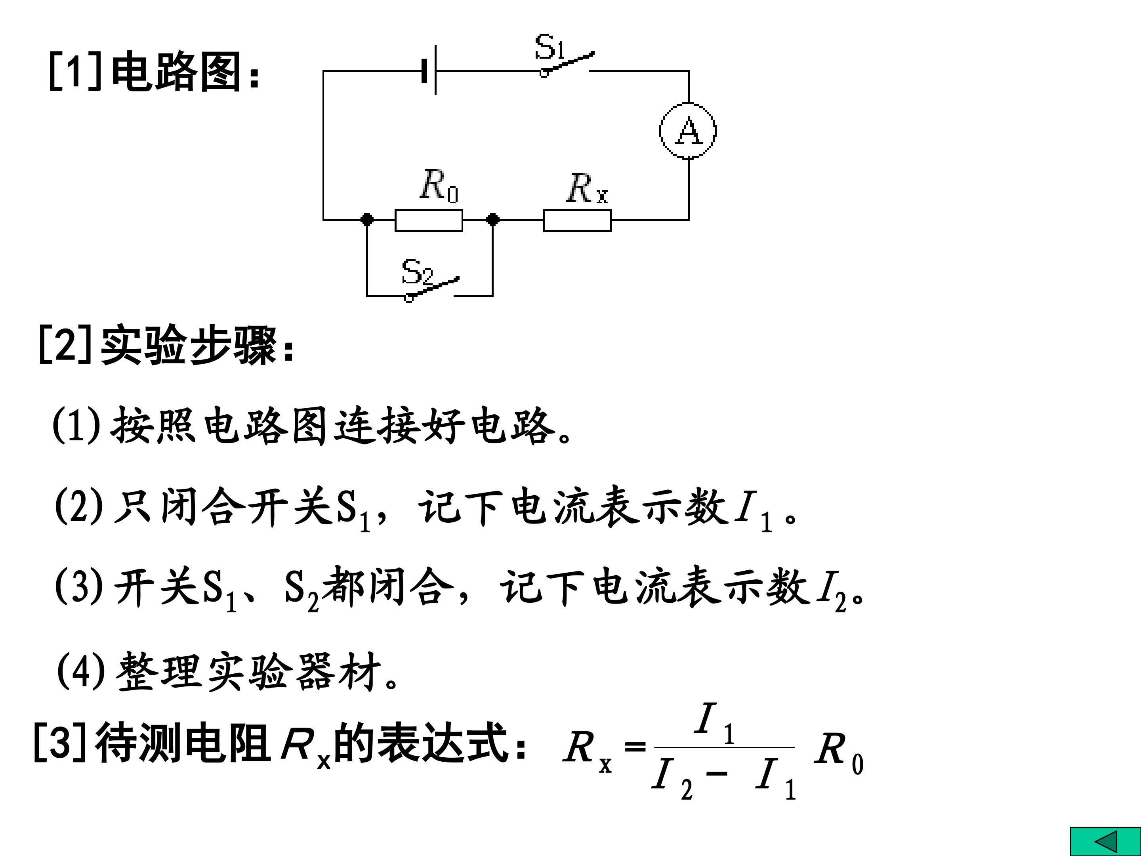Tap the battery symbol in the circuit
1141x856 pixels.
(429, 70)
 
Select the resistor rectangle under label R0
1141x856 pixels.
(429, 220)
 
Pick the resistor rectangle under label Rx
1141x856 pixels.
(577, 220)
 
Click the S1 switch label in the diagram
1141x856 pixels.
(550, 46)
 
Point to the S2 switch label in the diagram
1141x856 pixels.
(417, 271)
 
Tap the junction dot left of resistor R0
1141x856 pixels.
(367, 220)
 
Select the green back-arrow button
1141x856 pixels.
(1105, 841)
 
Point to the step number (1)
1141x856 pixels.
(76, 425)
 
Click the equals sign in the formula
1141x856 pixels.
(634, 747)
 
